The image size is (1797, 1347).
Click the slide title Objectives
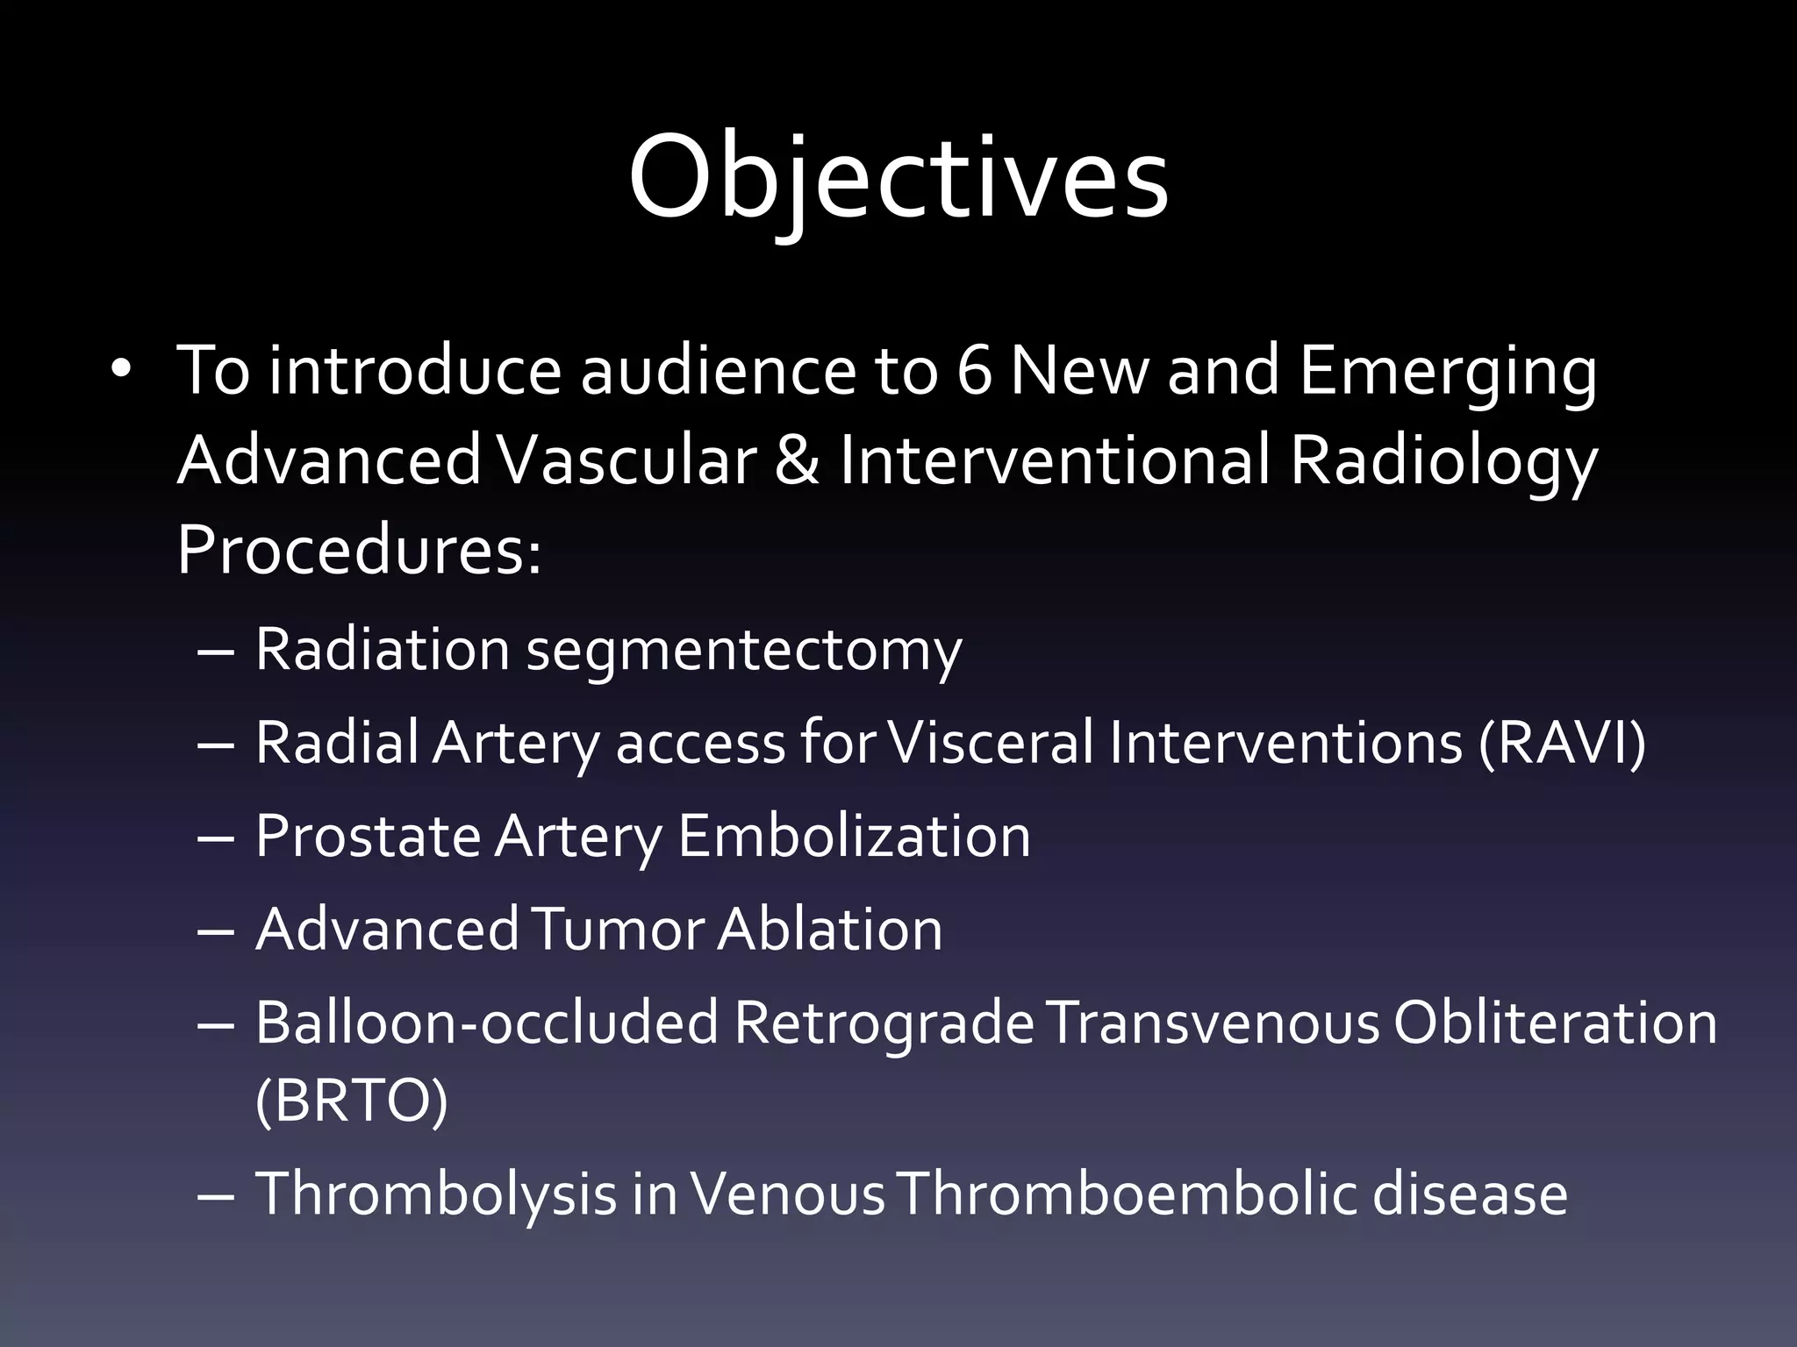click(898, 178)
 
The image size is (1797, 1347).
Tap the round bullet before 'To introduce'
click(121, 369)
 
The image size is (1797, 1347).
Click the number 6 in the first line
click(974, 369)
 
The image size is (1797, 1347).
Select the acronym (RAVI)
click(1562, 743)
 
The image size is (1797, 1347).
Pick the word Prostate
click(368, 836)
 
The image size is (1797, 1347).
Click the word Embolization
click(854, 836)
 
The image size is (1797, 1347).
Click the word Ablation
click(829, 929)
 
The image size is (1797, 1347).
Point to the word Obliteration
click(1555, 1023)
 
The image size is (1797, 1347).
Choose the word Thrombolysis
click(436, 1194)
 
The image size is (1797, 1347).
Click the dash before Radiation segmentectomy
click(216, 653)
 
